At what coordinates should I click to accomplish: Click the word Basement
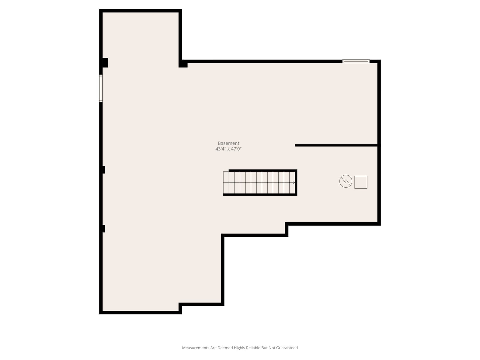[228, 143]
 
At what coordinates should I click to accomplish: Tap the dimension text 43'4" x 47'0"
[228, 149]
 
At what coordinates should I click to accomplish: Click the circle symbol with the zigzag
[346, 181]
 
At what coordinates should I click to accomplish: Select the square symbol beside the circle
[361, 182]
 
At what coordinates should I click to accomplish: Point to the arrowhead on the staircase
[294, 182]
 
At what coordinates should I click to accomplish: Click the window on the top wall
[356, 61]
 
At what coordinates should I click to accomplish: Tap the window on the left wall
[101, 88]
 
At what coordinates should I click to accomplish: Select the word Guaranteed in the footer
[287, 348]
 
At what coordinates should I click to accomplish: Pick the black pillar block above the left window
[105, 63]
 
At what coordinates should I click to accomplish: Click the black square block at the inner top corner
[183, 65]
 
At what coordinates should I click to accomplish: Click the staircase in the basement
[260, 182]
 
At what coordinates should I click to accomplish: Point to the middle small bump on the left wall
[104, 170]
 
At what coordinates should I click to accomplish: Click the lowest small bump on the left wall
[104, 229]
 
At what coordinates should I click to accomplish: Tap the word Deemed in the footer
[225, 348]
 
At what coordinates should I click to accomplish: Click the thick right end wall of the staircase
[296, 182]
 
